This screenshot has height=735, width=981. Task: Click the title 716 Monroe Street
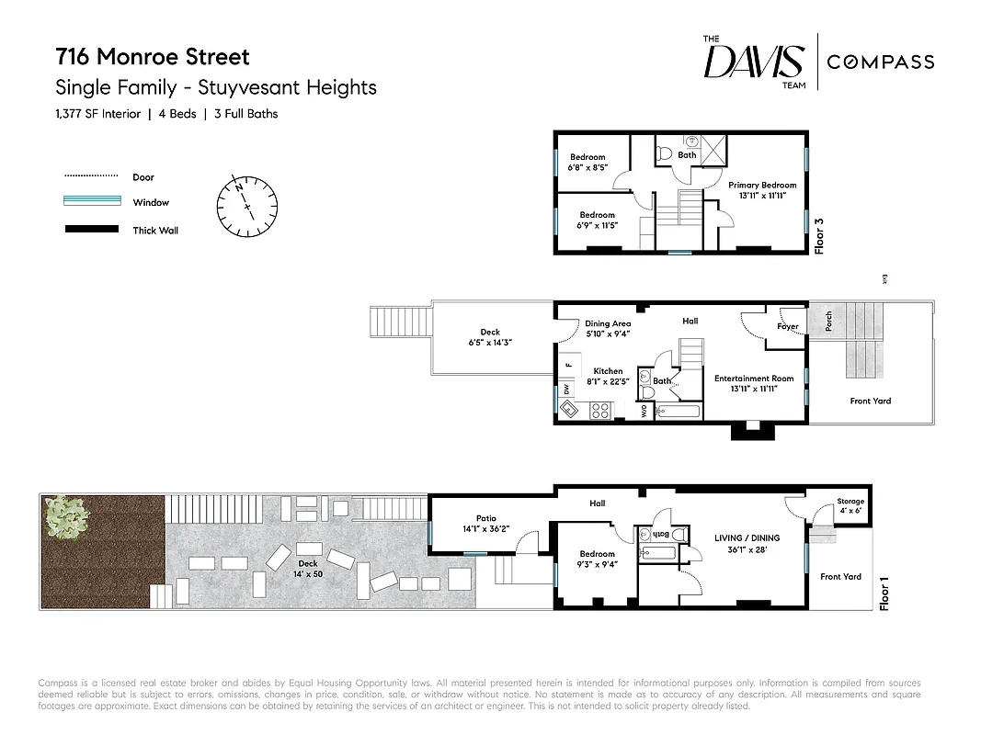coord(153,57)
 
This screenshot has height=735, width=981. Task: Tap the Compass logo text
coord(880,62)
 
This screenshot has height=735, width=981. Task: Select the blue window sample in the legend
coord(91,202)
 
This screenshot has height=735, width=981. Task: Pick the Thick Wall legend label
coord(155,231)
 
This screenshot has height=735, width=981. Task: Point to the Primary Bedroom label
coord(762,190)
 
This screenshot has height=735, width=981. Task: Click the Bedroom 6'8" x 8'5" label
coord(587,162)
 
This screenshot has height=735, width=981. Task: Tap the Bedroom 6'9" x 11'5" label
coord(597,220)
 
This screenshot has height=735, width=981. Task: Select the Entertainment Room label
coord(753,383)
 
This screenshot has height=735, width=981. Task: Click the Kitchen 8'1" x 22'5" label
coord(608,377)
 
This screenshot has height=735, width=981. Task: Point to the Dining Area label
coord(608,329)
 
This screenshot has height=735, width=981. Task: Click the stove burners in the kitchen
coord(600,412)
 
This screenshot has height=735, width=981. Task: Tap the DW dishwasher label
coord(566,390)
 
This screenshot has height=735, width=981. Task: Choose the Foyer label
coord(787,326)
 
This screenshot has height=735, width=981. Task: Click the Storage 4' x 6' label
coord(850,506)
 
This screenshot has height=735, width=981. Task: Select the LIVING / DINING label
coord(747,543)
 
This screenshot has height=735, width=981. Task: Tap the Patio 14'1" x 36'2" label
coord(485,524)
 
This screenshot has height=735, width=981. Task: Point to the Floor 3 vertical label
coord(819,234)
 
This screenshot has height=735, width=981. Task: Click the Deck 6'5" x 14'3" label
coord(489,337)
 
